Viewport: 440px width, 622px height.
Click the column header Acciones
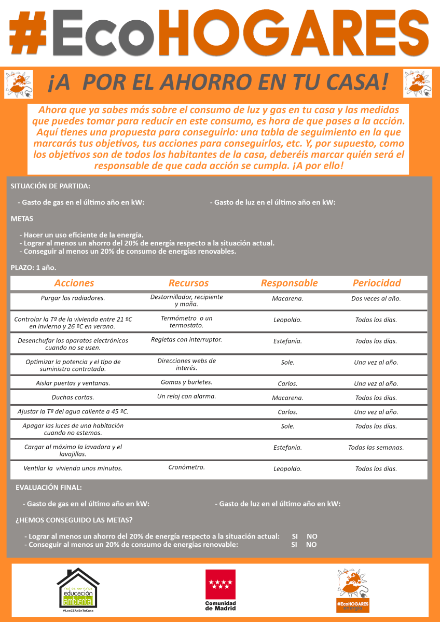[74, 283]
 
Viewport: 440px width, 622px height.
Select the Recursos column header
[188, 283]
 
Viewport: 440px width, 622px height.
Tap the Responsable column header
[289, 283]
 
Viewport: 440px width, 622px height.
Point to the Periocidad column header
[377, 283]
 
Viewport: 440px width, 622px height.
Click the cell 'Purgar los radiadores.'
[73, 298]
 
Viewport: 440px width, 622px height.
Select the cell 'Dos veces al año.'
[376, 299]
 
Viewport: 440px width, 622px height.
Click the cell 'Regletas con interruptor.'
[186, 340]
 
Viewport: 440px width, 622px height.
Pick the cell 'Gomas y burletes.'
[186, 382]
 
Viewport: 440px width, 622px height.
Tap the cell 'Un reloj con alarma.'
[186, 396]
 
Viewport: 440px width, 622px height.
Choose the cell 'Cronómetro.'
[186, 467]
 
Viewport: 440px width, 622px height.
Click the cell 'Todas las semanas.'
[376, 447]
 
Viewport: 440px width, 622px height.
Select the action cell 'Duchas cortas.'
[73, 398]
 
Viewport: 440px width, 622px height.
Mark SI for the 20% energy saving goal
[295, 536]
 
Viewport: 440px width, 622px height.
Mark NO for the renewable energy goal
[311, 545]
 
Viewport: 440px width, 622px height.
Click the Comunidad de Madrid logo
[220, 590]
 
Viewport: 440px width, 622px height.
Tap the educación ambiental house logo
[78, 590]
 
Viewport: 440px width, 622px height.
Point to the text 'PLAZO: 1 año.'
[33, 268]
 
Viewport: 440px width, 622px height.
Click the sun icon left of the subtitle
[19, 84]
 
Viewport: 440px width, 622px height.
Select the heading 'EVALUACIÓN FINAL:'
[49, 488]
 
